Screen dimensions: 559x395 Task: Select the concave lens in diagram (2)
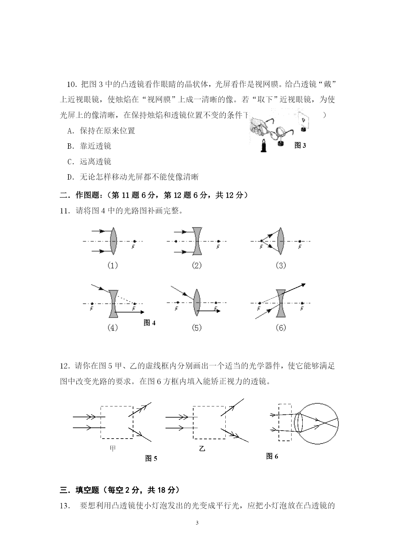[x=197, y=241]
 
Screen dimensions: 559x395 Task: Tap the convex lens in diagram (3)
[x=280, y=241]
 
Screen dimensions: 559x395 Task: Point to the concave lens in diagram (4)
[x=113, y=304]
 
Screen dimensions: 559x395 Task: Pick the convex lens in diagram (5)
[x=197, y=303]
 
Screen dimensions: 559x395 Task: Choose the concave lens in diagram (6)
[x=281, y=303]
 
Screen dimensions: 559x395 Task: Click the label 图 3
[x=300, y=146]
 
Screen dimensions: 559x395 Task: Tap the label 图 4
[x=149, y=323]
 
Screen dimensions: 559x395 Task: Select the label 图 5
[x=151, y=458]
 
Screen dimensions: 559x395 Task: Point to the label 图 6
[x=272, y=456]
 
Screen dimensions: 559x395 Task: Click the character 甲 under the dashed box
[x=113, y=448]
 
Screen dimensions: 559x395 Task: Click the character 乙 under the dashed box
[x=202, y=449]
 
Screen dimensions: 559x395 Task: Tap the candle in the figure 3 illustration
[x=264, y=146]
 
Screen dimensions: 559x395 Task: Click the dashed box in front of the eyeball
[x=285, y=422]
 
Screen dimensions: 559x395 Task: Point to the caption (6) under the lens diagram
[x=280, y=328]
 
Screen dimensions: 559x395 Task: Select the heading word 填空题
[x=87, y=490]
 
